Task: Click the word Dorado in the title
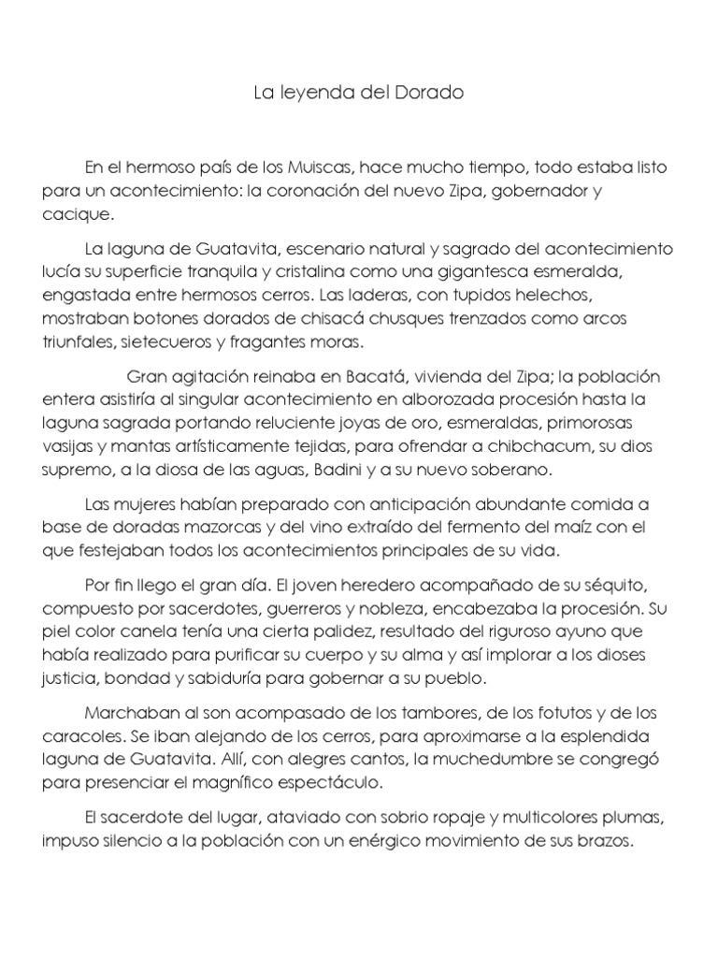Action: coord(437,94)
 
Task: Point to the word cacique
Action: coord(77,213)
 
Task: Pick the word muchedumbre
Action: coord(456,758)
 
